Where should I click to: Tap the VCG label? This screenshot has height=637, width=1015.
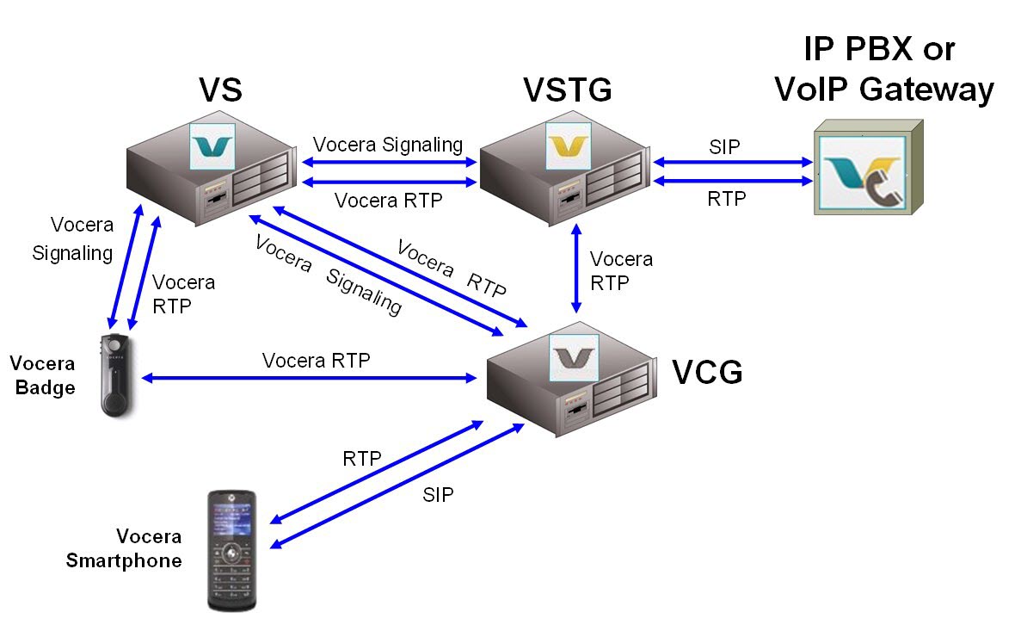coord(706,373)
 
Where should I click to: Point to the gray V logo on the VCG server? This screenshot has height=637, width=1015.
coord(574,357)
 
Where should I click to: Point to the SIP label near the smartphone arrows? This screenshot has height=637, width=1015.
coord(438,494)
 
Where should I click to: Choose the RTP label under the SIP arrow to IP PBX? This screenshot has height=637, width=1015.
coord(726,199)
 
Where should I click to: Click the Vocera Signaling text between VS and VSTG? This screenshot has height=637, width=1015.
coord(388,144)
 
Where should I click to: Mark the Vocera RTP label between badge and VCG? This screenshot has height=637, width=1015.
coord(317,360)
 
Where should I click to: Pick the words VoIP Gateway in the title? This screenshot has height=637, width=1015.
coord(883,89)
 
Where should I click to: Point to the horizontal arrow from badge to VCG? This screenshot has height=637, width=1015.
coord(310,378)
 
